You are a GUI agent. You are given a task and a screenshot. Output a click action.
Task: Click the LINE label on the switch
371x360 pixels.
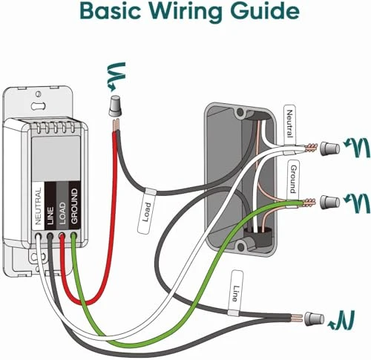(50, 211)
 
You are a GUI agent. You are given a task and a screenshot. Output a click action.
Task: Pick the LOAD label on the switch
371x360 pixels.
(62, 211)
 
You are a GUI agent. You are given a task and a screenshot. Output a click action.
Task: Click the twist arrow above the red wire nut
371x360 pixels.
(116, 74)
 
